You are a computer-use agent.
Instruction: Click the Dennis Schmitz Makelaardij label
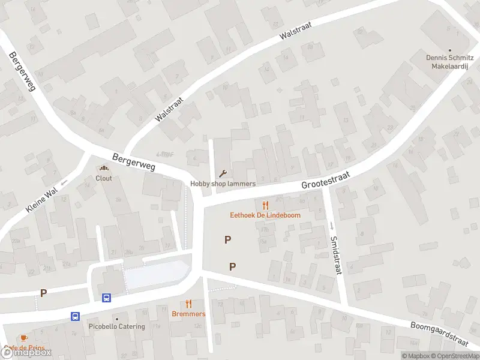click(450, 62)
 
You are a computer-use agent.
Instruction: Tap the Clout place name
click(104, 178)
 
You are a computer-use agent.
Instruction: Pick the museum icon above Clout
click(104, 169)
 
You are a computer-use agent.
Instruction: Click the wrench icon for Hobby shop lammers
click(223, 174)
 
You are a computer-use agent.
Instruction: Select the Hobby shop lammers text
click(223, 184)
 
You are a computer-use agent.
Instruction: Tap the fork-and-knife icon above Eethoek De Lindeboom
click(265, 205)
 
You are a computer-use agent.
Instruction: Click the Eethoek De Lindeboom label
click(265, 215)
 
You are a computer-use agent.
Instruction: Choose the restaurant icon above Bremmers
click(188, 304)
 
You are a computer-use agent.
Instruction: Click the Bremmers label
click(188, 314)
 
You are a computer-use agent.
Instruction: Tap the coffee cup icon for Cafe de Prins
click(23, 338)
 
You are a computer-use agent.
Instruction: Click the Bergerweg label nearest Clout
click(133, 160)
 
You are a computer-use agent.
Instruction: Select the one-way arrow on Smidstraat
click(332, 226)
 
